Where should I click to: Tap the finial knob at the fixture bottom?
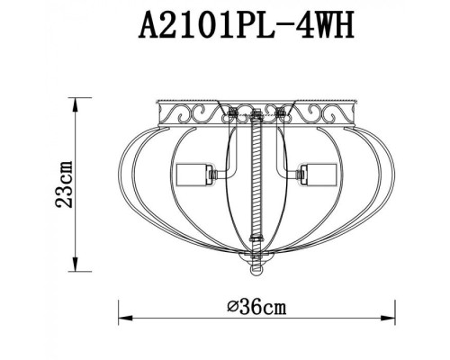[x=256, y=268]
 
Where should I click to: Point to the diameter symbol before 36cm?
[x=232, y=307]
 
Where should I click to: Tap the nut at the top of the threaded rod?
[x=256, y=115]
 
